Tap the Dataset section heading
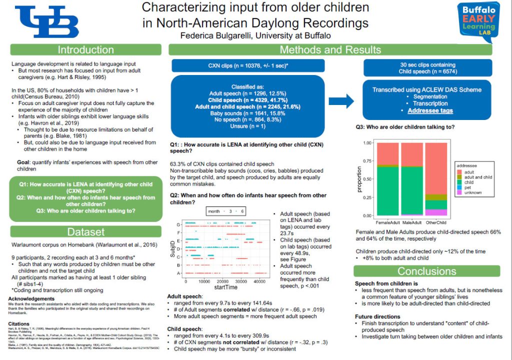[x=86, y=232]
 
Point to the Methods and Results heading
[x=330, y=49]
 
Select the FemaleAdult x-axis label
[x=387, y=222]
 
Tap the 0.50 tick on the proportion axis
[x=368, y=179]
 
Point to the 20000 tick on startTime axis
[x=225, y=281]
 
